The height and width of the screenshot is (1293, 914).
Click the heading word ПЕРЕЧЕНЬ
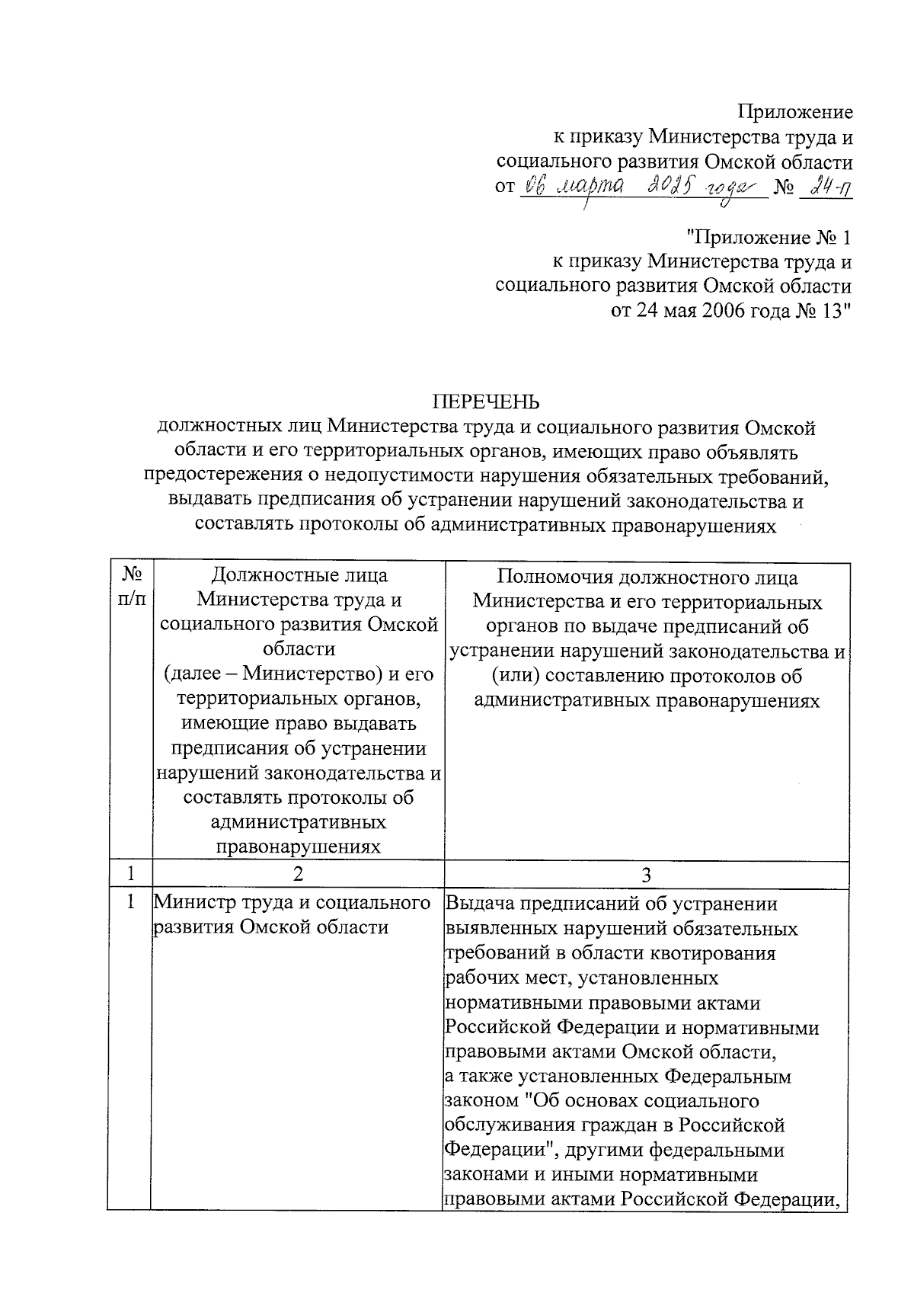click(486, 402)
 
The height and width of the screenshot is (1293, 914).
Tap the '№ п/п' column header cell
click(130, 587)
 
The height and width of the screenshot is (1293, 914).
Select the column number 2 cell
click(298, 873)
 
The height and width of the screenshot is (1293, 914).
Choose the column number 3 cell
click(646, 874)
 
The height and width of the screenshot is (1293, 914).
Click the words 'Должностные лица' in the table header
click(298, 576)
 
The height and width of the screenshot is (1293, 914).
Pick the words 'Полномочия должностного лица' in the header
click(647, 578)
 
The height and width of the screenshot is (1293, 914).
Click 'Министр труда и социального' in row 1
click(292, 903)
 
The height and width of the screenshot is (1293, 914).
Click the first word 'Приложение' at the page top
click(795, 112)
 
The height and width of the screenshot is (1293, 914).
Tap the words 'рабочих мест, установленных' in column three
click(580, 978)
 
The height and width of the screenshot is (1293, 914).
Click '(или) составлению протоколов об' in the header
click(647, 676)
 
